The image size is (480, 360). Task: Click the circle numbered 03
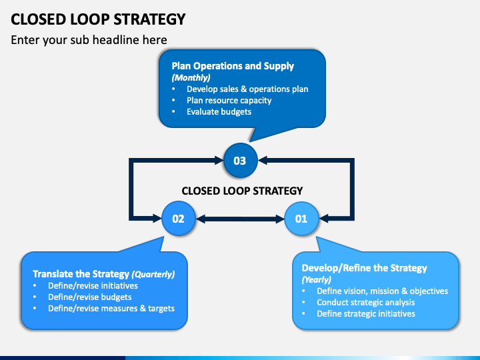(x=239, y=161)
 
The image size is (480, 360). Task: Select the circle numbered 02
(x=179, y=218)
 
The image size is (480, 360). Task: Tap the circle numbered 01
(x=301, y=218)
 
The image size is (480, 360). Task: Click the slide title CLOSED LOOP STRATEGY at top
(x=98, y=19)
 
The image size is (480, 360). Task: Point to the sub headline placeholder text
(x=89, y=40)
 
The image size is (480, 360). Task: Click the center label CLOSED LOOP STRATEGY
(x=242, y=191)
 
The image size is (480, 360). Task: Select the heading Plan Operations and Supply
(x=233, y=66)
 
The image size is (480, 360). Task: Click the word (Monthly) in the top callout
(x=191, y=77)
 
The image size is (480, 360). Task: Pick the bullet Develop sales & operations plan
(x=247, y=89)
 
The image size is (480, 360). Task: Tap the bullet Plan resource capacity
(x=229, y=100)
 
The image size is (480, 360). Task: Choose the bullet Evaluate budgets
(x=219, y=111)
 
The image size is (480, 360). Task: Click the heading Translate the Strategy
(x=81, y=274)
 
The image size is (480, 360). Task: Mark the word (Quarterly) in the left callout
(x=153, y=274)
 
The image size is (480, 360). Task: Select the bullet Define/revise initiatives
(x=93, y=285)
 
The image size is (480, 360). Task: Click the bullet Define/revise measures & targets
(x=111, y=308)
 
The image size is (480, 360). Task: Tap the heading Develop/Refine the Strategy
(x=364, y=268)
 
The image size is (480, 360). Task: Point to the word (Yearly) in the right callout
(x=317, y=279)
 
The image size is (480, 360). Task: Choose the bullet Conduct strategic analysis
(x=365, y=302)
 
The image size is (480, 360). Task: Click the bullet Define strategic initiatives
(x=365, y=313)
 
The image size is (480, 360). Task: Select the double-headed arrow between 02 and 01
(x=240, y=218)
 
